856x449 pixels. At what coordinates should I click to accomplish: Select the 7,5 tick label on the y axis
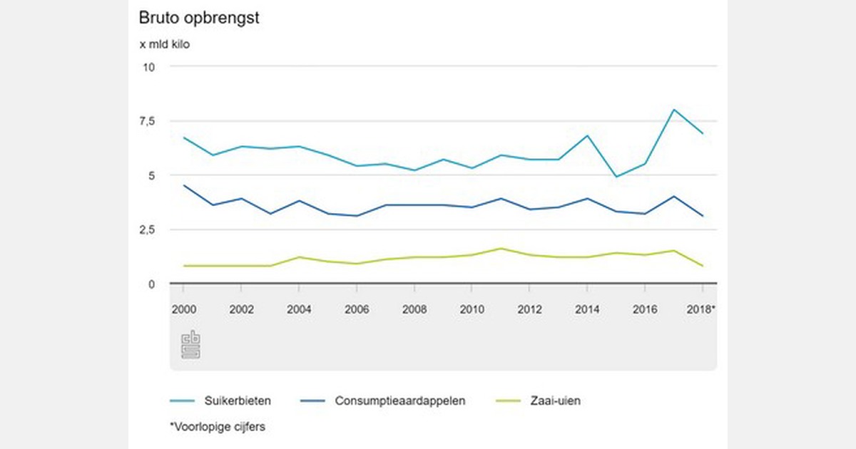click(x=146, y=121)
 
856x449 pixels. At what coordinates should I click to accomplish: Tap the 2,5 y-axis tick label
click(x=146, y=229)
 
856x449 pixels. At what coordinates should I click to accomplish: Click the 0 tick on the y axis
click(x=151, y=284)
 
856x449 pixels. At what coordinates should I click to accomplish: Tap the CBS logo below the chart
click(x=190, y=344)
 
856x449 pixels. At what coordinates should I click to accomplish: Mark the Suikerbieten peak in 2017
click(x=673, y=110)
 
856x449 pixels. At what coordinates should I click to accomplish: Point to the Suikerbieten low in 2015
click(x=616, y=177)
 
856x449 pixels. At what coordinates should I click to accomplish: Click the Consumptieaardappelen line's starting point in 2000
click(x=184, y=185)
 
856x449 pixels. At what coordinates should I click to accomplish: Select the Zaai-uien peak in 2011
click(x=501, y=249)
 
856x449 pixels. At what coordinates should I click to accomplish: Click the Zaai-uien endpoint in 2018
click(x=703, y=266)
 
